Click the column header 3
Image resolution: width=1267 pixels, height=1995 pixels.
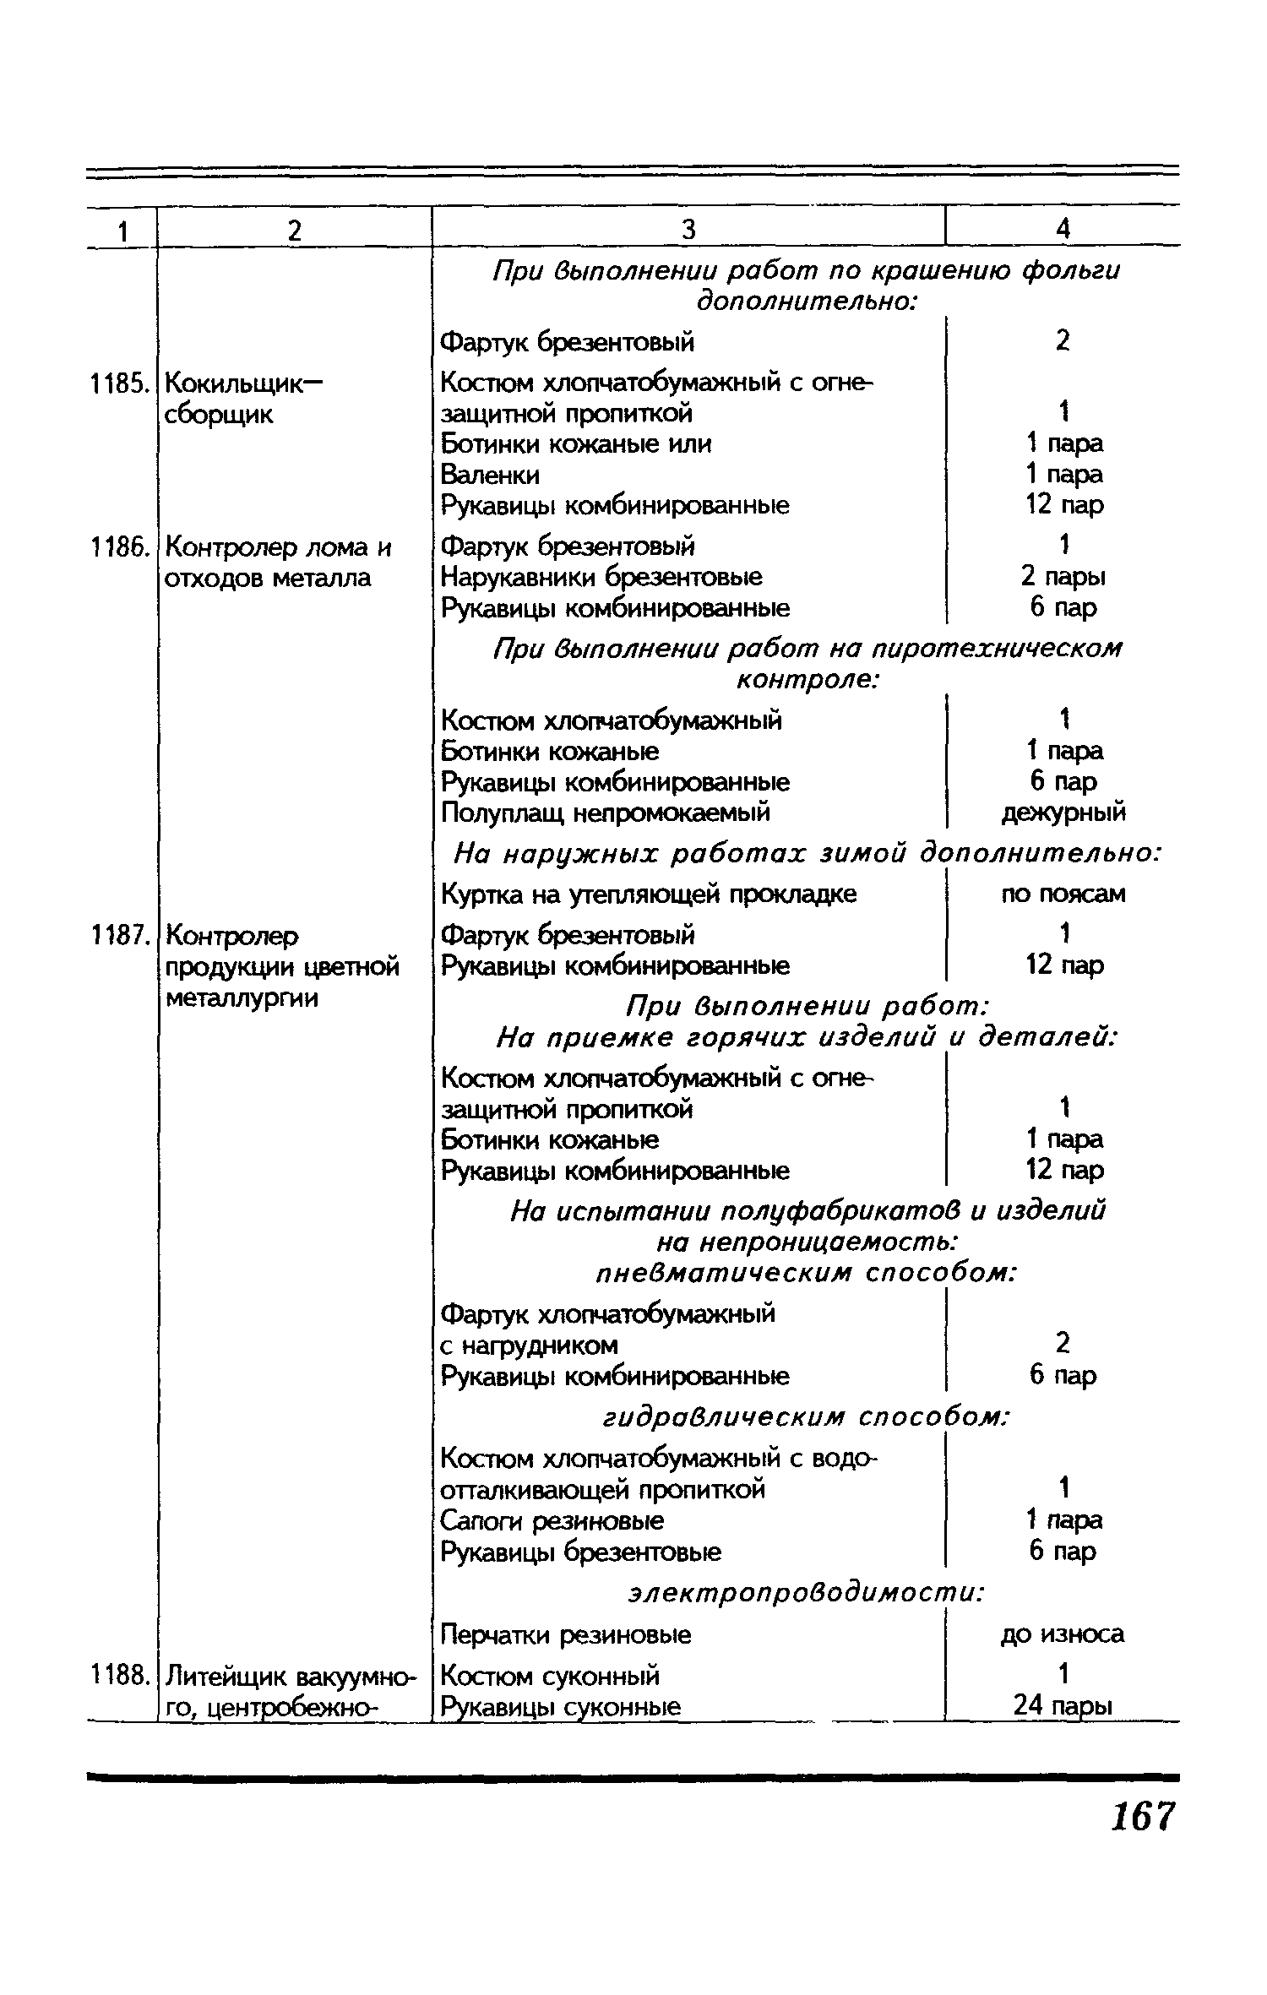tap(688, 229)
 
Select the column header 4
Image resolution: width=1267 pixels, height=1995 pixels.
tap(1063, 229)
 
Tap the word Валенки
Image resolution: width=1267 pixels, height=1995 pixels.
tap(490, 476)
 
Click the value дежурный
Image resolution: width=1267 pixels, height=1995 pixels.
tap(1063, 813)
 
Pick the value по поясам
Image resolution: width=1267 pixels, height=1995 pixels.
tap(1063, 894)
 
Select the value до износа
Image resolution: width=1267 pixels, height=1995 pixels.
tap(1063, 1634)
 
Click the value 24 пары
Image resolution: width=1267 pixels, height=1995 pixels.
tap(1063, 1707)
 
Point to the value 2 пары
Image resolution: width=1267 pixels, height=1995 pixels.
tap(1063, 577)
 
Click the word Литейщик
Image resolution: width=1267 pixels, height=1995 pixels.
tap(220, 1676)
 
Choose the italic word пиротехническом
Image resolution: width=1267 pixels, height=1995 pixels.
tap(997, 649)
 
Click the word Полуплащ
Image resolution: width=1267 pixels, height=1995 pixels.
tap(504, 813)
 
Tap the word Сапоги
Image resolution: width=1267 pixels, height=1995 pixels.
tap(479, 1521)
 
